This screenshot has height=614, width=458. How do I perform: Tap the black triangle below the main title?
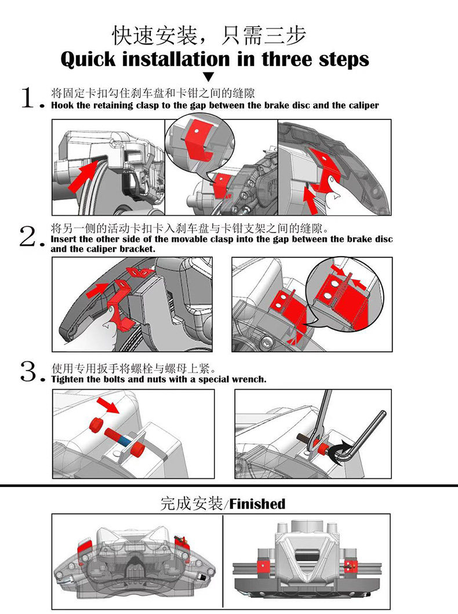(209, 77)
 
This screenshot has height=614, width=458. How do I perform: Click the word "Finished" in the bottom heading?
(257, 504)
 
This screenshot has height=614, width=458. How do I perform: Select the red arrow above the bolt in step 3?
(108, 405)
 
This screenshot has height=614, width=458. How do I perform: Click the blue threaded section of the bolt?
(123, 440)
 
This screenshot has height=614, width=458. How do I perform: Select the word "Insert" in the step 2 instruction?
(64, 239)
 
